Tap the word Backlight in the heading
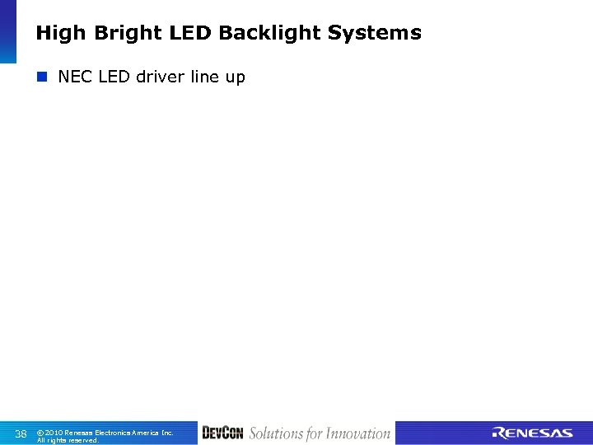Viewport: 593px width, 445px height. (x=270, y=33)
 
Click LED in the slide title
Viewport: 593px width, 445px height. (x=192, y=33)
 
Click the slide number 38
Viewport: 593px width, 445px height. (x=21, y=433)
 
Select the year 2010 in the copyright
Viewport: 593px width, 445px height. (x=54, y=432)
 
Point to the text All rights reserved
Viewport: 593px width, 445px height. (x=68, y=440)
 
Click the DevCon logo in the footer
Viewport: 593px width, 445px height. (x=222, y=433)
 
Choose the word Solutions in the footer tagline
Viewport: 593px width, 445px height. (x=276, y=433)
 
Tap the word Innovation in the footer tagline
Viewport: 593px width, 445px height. (x=357, y=433)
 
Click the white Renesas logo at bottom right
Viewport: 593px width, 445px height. (x=533, y=433)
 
